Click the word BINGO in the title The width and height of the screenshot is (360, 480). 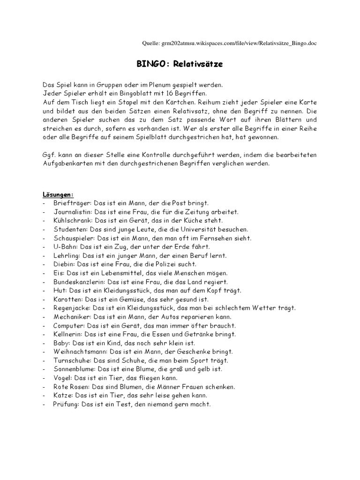point(149,64)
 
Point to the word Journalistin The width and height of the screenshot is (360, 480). point(72,212)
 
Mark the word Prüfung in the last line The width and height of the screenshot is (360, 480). point(65,405)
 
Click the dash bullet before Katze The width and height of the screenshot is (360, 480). point(43,396)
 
